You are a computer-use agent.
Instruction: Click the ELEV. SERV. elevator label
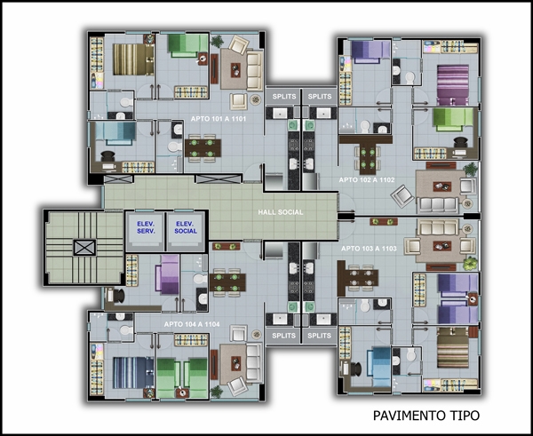click(146, 227)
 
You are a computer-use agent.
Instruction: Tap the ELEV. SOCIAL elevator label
click(186, 227)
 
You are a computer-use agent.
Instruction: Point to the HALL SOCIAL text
click(281, 212)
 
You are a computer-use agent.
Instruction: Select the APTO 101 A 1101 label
click(219, 119)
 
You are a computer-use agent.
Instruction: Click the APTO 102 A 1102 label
click(367, 179)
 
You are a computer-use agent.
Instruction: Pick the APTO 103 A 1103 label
click(369, 249)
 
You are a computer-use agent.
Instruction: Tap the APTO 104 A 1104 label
click(192, 324)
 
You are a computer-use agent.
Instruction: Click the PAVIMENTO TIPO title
click(426, 416)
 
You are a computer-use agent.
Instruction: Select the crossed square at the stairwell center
click(84, 247)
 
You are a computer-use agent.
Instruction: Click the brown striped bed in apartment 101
click(133, 59)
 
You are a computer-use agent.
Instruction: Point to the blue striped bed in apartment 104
click(133, 372)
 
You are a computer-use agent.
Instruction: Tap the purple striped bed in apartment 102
click(453, 85)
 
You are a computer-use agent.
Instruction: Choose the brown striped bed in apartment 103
click(453, 347)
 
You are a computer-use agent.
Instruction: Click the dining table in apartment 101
click(203, 148)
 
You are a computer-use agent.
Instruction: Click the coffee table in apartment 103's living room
click(442, 246)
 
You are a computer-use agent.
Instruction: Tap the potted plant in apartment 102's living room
click(471, 170)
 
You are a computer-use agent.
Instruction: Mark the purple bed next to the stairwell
click(168, 274)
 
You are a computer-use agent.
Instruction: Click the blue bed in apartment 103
click(379, 367)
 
